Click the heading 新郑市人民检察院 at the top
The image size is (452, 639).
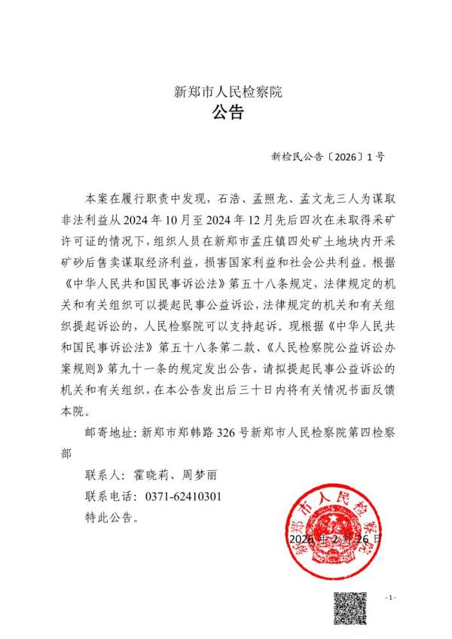click(x=227, y=93)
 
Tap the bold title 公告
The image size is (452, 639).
click(x=227, y=115)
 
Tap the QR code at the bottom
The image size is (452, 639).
click(x=350, y=608)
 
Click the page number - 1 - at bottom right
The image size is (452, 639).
click(x=390, y=598)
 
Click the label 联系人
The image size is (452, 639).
click(x=104, y=477)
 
